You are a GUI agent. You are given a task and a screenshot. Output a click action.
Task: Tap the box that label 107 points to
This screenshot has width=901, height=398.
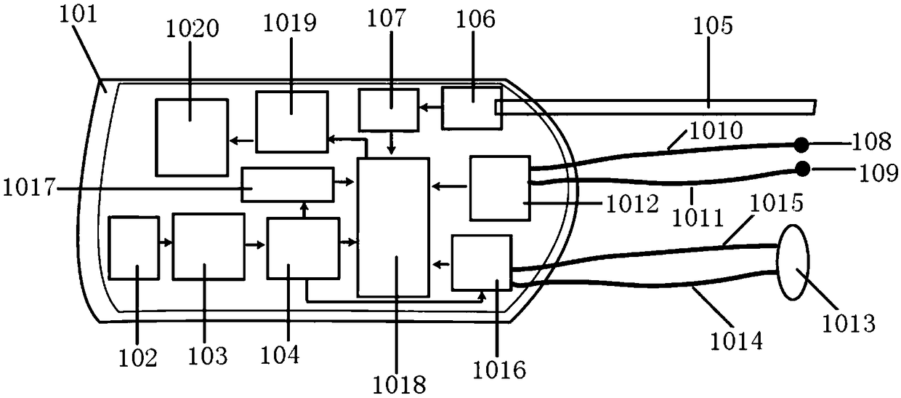point(389,109)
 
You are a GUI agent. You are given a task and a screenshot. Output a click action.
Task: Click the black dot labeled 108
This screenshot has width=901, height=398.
point(801,143)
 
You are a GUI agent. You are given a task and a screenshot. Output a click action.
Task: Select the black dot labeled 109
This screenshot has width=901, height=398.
point(802,170)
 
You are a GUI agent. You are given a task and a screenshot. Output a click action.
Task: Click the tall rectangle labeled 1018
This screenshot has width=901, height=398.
point(393,226)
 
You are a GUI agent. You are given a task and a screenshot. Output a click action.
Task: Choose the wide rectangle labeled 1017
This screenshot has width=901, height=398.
point(288,184)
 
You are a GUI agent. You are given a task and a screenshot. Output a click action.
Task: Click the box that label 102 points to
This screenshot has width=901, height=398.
point(134,247)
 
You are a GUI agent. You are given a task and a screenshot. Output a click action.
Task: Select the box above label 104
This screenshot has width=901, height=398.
point(303,247)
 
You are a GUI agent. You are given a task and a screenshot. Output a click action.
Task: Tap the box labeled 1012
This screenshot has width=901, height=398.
point(501,188)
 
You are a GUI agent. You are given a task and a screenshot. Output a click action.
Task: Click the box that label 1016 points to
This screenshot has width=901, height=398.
point(482,263)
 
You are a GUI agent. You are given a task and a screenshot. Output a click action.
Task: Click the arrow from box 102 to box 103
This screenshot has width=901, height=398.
point(166,242)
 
